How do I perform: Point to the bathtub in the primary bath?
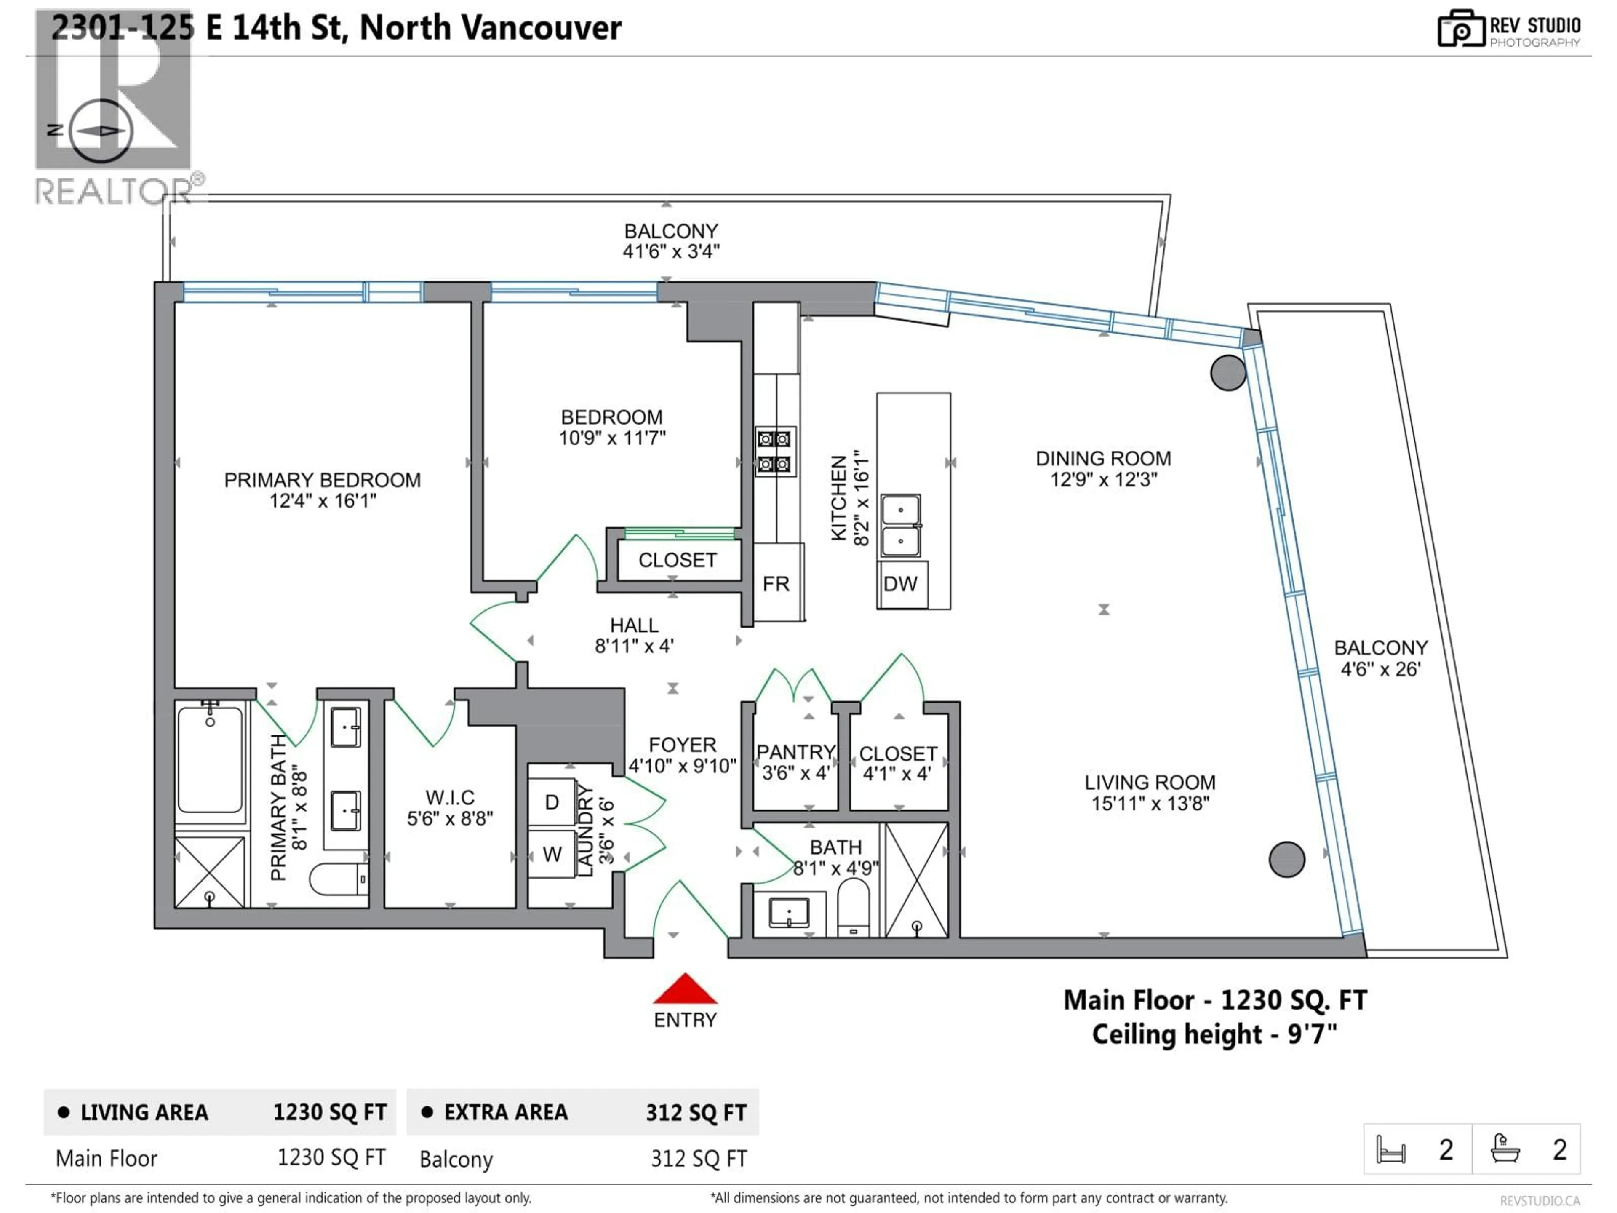211,760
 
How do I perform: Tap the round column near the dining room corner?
1227,373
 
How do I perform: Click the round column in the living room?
1286,859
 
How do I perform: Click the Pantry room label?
795,752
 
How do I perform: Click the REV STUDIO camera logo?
1460,29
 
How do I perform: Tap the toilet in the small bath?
853,909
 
